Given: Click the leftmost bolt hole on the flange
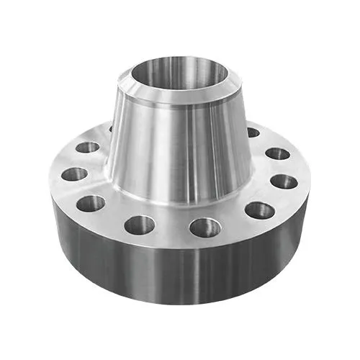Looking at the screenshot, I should (73, 174).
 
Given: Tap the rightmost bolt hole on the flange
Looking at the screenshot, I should (284, 181).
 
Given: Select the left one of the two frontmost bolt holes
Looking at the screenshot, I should (140, 225).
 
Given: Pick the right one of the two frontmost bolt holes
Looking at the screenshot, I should (205, 228).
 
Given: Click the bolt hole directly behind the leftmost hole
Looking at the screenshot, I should (87, 148).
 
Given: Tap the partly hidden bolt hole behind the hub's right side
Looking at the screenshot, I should (252, 132).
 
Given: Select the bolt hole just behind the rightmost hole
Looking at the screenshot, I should (277, 153).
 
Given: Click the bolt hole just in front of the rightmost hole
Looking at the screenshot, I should (259, 210).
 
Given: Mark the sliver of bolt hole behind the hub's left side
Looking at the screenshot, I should (111, 130).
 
